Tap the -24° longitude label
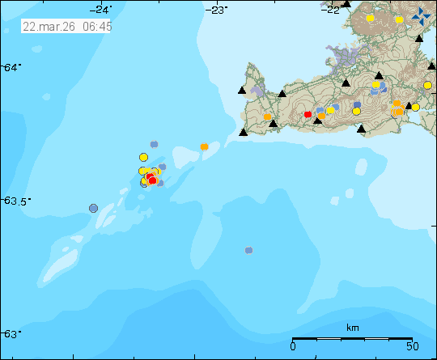102,9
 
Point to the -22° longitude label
331,9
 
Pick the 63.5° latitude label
15,201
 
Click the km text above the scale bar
352,328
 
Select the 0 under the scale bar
293,347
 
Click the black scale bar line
352,338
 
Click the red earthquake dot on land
308,115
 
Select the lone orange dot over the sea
204,146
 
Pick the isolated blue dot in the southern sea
248,250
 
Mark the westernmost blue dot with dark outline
93,209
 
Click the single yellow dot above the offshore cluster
144,157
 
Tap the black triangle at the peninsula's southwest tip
243,132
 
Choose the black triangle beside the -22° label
346,4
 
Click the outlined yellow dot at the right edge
427,85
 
